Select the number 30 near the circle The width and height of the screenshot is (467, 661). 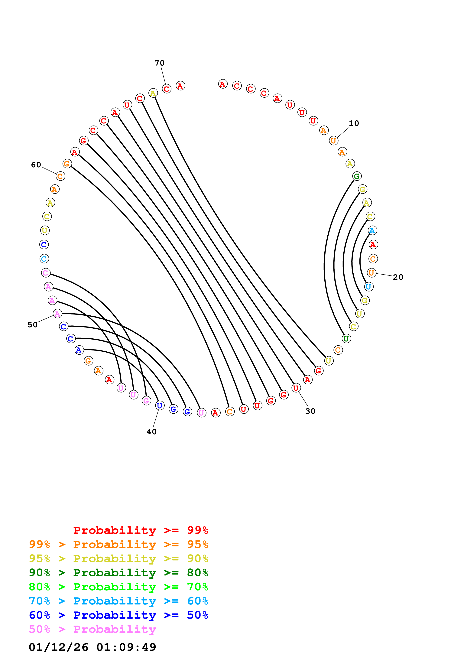point(310,411)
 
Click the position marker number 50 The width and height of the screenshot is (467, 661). point(33,325)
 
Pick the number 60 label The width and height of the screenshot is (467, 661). point(36,165)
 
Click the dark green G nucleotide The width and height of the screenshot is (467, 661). point(357,176)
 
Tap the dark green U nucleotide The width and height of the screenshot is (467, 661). point(346,339)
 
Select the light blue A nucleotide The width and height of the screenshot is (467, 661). point(372,230)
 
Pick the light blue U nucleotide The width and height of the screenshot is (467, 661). point(369,287)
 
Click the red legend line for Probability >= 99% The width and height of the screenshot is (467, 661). point(140,530)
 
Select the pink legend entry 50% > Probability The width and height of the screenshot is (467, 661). point(92,629)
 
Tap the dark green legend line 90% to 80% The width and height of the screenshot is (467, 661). point(118,573)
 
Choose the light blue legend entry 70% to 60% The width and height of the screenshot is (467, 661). point(118,601)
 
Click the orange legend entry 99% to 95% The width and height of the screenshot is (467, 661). point(118,544)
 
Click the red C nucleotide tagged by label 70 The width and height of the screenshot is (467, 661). point(167,89)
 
